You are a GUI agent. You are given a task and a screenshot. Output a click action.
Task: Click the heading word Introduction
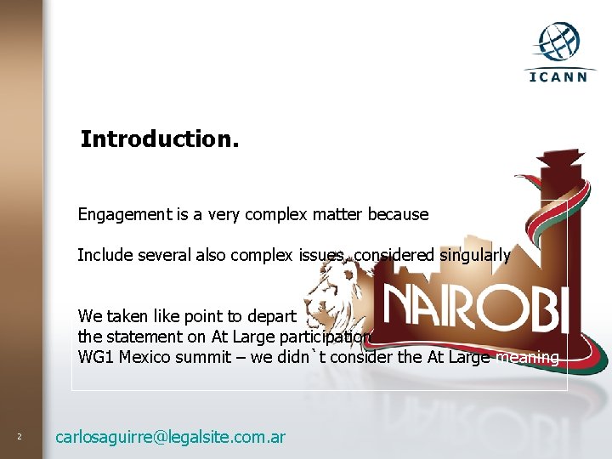click(160, 139)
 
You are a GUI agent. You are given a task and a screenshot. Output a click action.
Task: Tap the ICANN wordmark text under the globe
click(558, 76)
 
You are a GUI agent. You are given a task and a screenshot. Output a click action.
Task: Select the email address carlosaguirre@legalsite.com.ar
click(170, 438)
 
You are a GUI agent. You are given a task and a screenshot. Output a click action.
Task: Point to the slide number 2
click(19, 438)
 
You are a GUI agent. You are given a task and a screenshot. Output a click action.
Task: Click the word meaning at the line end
click(527, 357)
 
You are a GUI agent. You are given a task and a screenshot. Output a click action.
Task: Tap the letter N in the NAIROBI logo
click(403, 307)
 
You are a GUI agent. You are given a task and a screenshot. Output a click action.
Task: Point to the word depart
click(271, 317)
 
